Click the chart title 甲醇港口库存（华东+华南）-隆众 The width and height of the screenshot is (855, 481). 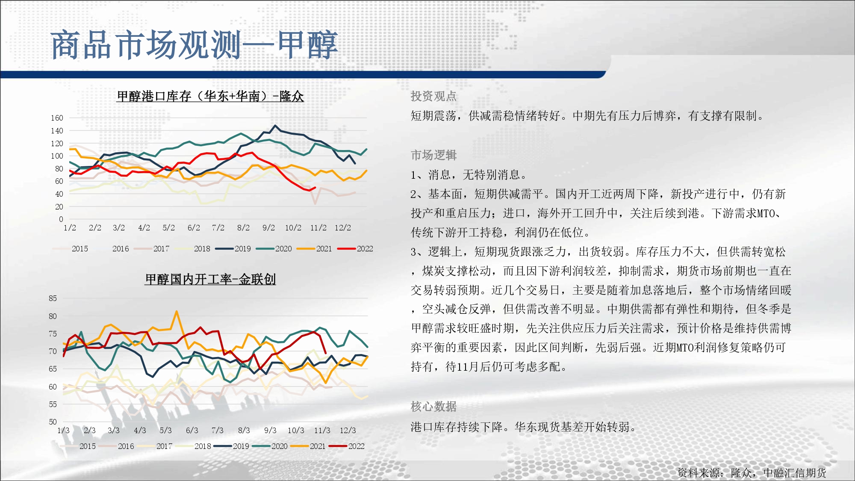[x=210, y=96]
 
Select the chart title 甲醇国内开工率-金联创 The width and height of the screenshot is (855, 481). [x=210, y=279]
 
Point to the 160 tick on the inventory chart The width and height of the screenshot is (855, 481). [x=57, y=118]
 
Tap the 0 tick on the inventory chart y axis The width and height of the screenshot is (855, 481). [x=61, y=219]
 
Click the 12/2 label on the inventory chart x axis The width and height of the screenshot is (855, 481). [x=343, y=228]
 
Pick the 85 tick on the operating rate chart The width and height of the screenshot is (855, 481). [x=53, y=298]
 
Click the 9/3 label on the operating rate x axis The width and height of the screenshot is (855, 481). [x=270, y=431]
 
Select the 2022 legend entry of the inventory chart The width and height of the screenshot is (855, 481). [x=355, y=249]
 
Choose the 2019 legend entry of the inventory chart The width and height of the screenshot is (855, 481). [x=233, y=249]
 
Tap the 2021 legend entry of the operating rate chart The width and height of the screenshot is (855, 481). [x=308, y=446]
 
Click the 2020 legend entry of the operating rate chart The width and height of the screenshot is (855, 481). [x=270, y=446]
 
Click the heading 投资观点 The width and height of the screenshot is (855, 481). [x=433, y=96]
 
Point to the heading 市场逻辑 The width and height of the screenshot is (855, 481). [x=433, y=155]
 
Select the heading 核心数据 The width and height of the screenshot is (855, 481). [x=433, y=406]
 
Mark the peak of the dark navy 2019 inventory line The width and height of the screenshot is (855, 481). [x=275, y=126]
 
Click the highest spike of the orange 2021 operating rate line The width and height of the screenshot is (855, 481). [x=177, y=312]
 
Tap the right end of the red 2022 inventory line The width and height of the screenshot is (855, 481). [x=315, y=188]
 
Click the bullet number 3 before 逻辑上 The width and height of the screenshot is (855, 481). [x=413, y=252]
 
